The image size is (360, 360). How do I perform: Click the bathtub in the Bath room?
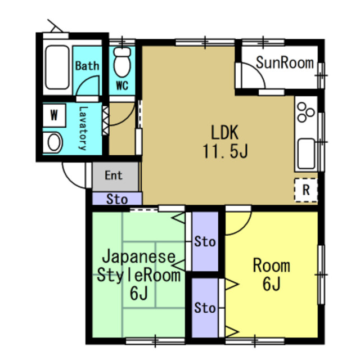pyautogui.click(x=57, y=67)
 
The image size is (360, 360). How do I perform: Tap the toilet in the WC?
pyautogui.click(x=122, y=62)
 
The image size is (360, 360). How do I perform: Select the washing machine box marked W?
pyautogui.click(x=54, y=115)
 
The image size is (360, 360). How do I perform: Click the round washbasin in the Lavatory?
pyautogui.click(x=53, y=142)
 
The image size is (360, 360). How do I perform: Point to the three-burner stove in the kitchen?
pyautogui.click(x=305, y=112)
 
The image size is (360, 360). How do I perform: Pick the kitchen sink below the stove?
pyautogui.click(x=306, y=154)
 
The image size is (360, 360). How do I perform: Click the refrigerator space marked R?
pyautogui.click(x=306, y=190)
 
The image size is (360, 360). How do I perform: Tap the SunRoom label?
pyautogui.click(x=285, y=62)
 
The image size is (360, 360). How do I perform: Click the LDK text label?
pyautogui.click(x=225, y=133)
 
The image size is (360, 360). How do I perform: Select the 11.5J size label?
pyautogui.click(x=225, y=151)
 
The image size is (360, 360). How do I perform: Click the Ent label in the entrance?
pyautogui.click(x=114, y=175)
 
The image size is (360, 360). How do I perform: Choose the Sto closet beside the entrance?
pyautogui.click(x=117, y=199)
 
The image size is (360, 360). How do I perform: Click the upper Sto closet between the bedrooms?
pyautogui.click(x=205, y=241)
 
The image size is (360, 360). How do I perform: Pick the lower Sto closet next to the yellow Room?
pyautogui.click(x=205, y=308)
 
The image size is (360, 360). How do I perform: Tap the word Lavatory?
pyautogui.click(x=83, y=128)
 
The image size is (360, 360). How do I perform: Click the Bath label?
pyautogui.click(x=87, y=66)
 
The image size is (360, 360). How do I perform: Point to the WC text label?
pyautogui.click(x=122, y=86)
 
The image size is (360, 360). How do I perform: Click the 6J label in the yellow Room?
pyautogui.click(x=272, y=284)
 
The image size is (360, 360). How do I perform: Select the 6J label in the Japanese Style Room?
pyautogui.click(x=139, y=293)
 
